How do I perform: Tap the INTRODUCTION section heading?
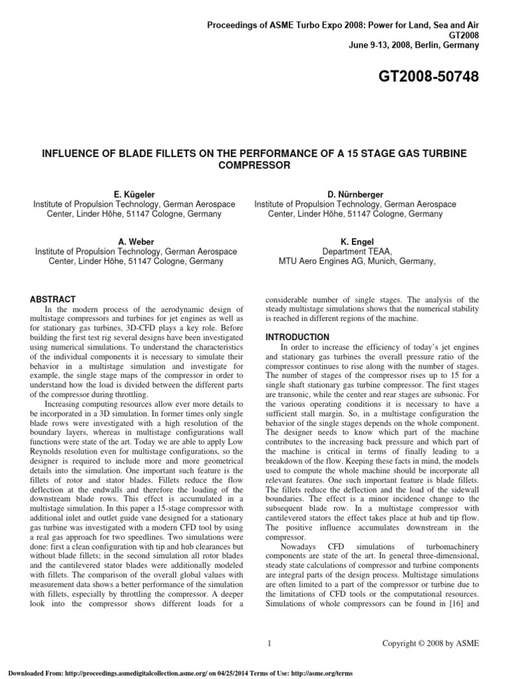tap(297, 337)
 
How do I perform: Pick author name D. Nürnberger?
tap(355, 194)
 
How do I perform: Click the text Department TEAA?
tap(357, 251)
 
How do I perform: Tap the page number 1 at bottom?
tap(268, 643)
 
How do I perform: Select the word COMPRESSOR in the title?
tap(254, 165)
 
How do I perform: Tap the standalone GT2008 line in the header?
tap(463, 35)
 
